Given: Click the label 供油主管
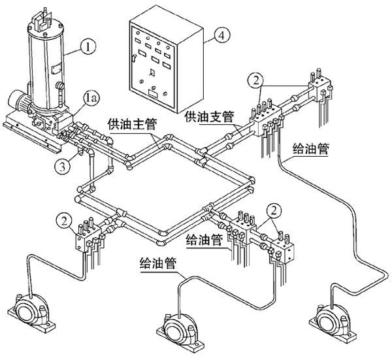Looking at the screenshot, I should pyautogui.click(x=129, y=123).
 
